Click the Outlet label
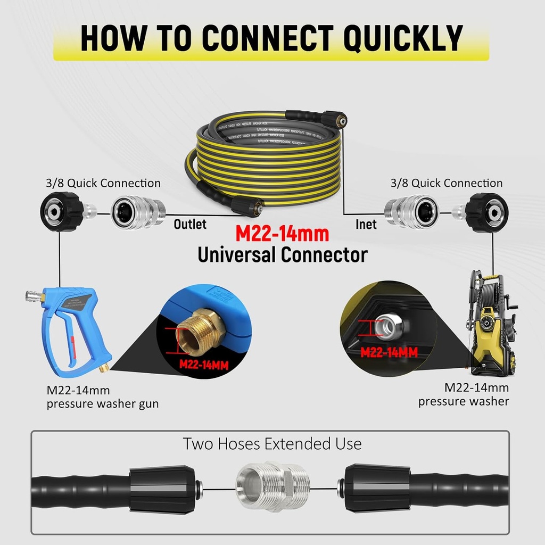point(190,224)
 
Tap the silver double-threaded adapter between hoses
point(272,486)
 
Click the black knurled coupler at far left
point(62,212)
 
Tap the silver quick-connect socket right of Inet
point(411,213)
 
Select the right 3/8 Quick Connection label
point(446,183)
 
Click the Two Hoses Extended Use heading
point(272,443)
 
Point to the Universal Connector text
point(283,255)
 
